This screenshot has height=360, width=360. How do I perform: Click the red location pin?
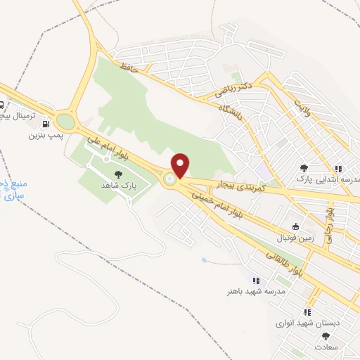(181, 165)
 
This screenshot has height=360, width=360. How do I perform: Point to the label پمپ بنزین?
(41, 134)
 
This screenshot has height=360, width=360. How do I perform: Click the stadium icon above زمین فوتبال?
(295, 226)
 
